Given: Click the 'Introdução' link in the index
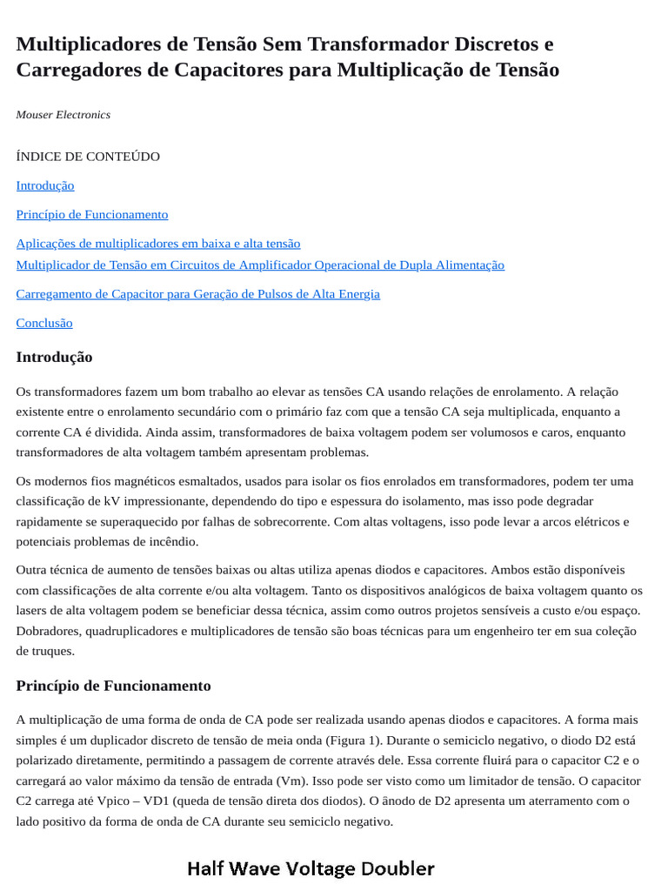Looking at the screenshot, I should (x=45, y=185).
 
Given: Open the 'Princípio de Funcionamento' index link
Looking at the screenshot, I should (x=92, y=214).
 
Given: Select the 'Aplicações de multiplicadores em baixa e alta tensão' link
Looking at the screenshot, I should (x=158, y=244).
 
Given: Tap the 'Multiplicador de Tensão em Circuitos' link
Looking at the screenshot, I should (x=260, y=265).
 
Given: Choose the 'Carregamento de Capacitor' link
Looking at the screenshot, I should (x=197, y=294).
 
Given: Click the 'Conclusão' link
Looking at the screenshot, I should (x=44, y=323).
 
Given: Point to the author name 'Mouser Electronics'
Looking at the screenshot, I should (x=63, y=115).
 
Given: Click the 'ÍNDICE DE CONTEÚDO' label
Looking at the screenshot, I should (x=88, y=157).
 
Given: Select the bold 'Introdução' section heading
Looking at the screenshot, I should (x=54, y=358).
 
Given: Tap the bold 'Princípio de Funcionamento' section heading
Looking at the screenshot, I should (x=113, y=686).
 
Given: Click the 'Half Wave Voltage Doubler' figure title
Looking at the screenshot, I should (x=311, y=868).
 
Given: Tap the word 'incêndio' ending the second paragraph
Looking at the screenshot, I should (x=174, y=541).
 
